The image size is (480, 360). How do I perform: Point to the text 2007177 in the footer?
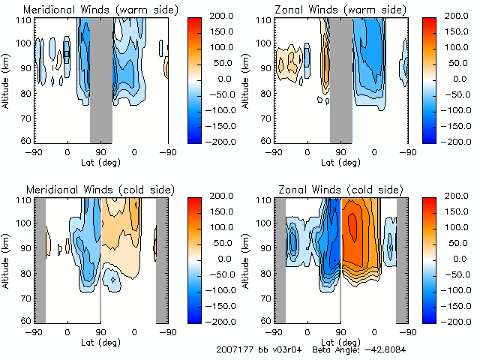click(x=234, y=349)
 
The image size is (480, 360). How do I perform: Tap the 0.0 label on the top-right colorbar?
click(x=459, y=78)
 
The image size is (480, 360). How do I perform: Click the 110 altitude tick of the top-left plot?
click(x=26, y=20)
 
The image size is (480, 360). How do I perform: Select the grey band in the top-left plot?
click(x=101, y=79)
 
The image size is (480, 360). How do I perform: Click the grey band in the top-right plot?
click(x=341, y=79)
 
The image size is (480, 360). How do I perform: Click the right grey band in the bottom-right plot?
click(x=402, y=259)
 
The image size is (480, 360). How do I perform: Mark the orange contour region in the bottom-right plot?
click(x=360, y=232)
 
